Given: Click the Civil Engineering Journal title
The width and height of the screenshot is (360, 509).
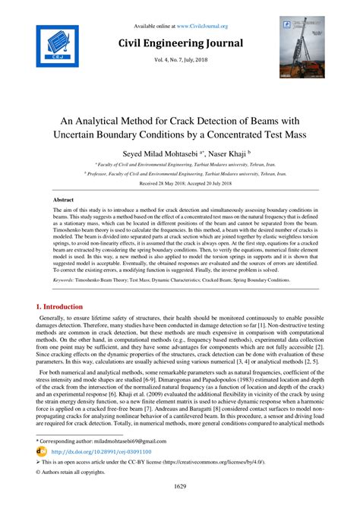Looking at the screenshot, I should pyautogui.click(x=179, y=43).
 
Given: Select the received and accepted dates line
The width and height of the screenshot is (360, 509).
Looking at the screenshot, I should pyautogui.click(x=180, y=184).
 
